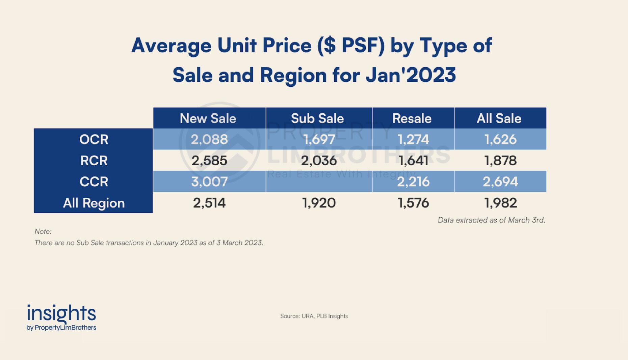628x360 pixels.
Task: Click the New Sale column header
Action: click(x=208, y=118)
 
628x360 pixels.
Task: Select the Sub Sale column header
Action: click(x=317, y=118)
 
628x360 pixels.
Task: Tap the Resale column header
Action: click(x=412, y=118)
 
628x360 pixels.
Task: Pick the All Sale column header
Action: click(x=499, y=118)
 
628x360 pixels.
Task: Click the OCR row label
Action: click(x=94, y=139)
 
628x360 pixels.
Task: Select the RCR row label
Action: click(x=94, y=161)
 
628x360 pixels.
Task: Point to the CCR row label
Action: click(x=94, y=182)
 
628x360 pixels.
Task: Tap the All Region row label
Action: click(x=94, y=203)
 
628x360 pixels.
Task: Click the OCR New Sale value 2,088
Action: click(x=209, y=139)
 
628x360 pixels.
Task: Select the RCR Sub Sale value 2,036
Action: click(x=319, y=161)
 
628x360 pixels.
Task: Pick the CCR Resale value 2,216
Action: click(x=413, y=182)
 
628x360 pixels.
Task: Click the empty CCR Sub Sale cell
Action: click(x=319, y=182)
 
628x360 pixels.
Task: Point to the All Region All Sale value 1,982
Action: click(x=500, y=203)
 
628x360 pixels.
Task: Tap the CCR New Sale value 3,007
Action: click(x=209, y=182)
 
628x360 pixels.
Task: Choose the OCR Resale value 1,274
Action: click(x=413, y=139)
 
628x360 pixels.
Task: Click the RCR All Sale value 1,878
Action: click(x=500, y=161)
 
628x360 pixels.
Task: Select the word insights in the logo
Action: click(x=61, y=313)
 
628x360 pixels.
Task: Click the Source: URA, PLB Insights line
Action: click(x=314, y=316)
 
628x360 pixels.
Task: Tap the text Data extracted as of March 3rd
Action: click(x=491, y=220)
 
